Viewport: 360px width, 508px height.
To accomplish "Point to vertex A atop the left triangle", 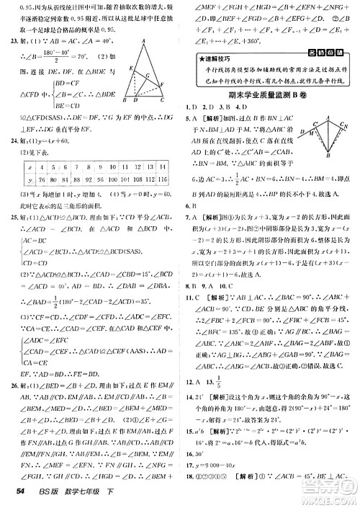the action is point(143,42).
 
